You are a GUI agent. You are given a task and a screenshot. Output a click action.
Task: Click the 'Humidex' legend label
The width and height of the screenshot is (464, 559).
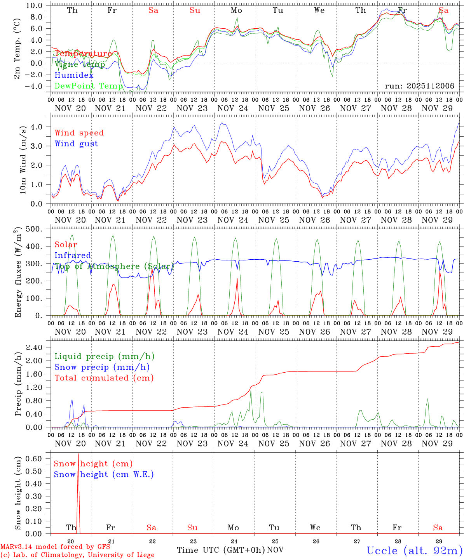click(74, 75)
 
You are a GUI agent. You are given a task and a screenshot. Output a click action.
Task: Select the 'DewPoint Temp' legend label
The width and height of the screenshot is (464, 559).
click(89, 86)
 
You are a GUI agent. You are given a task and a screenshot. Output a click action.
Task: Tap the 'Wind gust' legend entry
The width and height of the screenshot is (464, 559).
click(76, 144)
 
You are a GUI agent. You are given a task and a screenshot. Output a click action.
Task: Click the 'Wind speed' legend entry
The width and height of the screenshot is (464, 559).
click(79, 133)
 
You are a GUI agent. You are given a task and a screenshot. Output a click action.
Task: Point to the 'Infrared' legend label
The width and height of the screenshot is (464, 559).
click(73, 255)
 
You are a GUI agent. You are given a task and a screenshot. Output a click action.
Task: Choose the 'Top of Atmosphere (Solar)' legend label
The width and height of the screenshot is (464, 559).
click(114, 266)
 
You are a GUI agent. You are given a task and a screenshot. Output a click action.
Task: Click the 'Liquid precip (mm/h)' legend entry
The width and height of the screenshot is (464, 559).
click(104, 356)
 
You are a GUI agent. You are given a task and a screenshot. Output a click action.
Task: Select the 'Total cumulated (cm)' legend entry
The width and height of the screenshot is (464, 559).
click(104, 378)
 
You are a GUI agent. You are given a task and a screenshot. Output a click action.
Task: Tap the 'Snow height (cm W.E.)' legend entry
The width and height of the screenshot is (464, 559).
click(103, 474)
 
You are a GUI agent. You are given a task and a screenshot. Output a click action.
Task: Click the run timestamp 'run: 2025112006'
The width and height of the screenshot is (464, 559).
click(419, 86)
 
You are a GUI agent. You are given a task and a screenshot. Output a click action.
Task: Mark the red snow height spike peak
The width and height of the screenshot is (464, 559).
click(78, 454)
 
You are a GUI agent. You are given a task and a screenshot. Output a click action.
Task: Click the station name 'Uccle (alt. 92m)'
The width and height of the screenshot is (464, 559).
click(414, 550)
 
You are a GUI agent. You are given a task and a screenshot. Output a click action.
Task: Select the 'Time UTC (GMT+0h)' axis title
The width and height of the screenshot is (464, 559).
click(221, 550)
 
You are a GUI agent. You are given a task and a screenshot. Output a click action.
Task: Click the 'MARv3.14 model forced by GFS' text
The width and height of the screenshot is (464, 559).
click(55, 547)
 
